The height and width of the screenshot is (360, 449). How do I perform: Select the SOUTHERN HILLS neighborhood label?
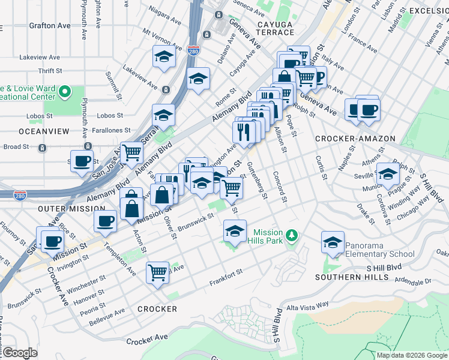click(x=348, y=277)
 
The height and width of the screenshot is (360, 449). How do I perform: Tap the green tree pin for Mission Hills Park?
click(x=292, y=235)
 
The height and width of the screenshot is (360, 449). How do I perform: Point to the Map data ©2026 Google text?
click(x=412, y=355)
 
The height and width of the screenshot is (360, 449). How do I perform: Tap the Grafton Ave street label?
click(x=49, y=26)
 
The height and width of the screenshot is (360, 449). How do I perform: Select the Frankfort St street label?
click(x=225, y=278)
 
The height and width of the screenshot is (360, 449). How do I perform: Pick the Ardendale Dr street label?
click(x=431, y=281)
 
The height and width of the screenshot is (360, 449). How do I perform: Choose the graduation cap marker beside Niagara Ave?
click(x=163, y=58)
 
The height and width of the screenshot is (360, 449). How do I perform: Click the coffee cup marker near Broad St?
click(x=82, y=160)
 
